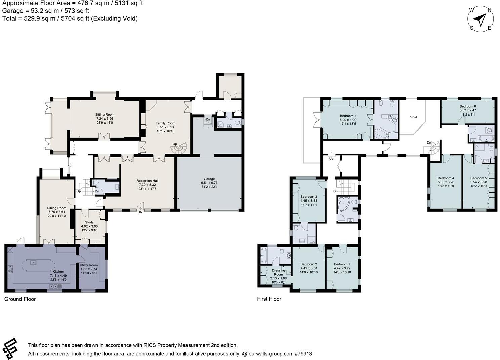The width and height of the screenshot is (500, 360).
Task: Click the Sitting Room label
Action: click(105, 115)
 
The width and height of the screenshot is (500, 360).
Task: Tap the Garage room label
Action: click(209, 179)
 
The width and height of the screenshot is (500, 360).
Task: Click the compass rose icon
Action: click(481, 19)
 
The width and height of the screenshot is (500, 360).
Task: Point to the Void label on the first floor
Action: click(413, 117)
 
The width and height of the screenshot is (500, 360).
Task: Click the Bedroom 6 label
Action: click(468, 106)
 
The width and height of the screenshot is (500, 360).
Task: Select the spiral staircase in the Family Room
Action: click(181, 148)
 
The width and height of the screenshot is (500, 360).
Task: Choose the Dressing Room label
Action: click(278, 272)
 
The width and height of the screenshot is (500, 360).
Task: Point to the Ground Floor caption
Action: click(20, 299)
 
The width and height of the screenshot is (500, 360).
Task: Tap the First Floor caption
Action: click(269, 299)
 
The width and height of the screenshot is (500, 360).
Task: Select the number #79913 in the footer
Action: click(303, 354)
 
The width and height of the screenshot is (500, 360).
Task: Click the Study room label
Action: click(89, 222)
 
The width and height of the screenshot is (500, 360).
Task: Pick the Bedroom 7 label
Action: click(342, 264)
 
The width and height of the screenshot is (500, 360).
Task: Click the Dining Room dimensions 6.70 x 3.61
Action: click(56, 212)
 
